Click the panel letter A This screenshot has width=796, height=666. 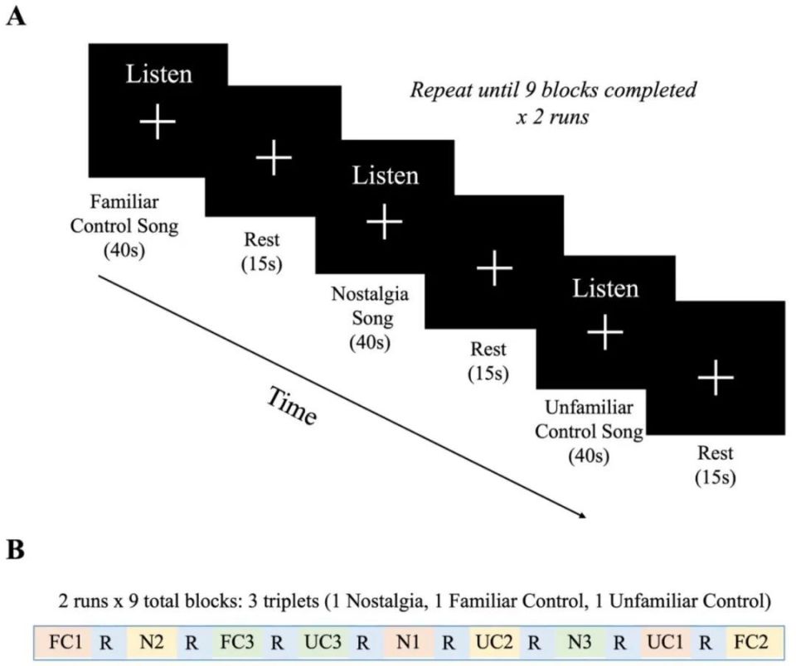[x=15, y=17]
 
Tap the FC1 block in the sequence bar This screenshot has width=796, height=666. [x=61, y=641]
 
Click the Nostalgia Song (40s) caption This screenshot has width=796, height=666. [x=371, y=317]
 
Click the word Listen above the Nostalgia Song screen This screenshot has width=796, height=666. [x=386, y=176]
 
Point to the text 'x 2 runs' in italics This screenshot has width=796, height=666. [x=553, y=118]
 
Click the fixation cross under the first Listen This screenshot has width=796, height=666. [x=158, y=123]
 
